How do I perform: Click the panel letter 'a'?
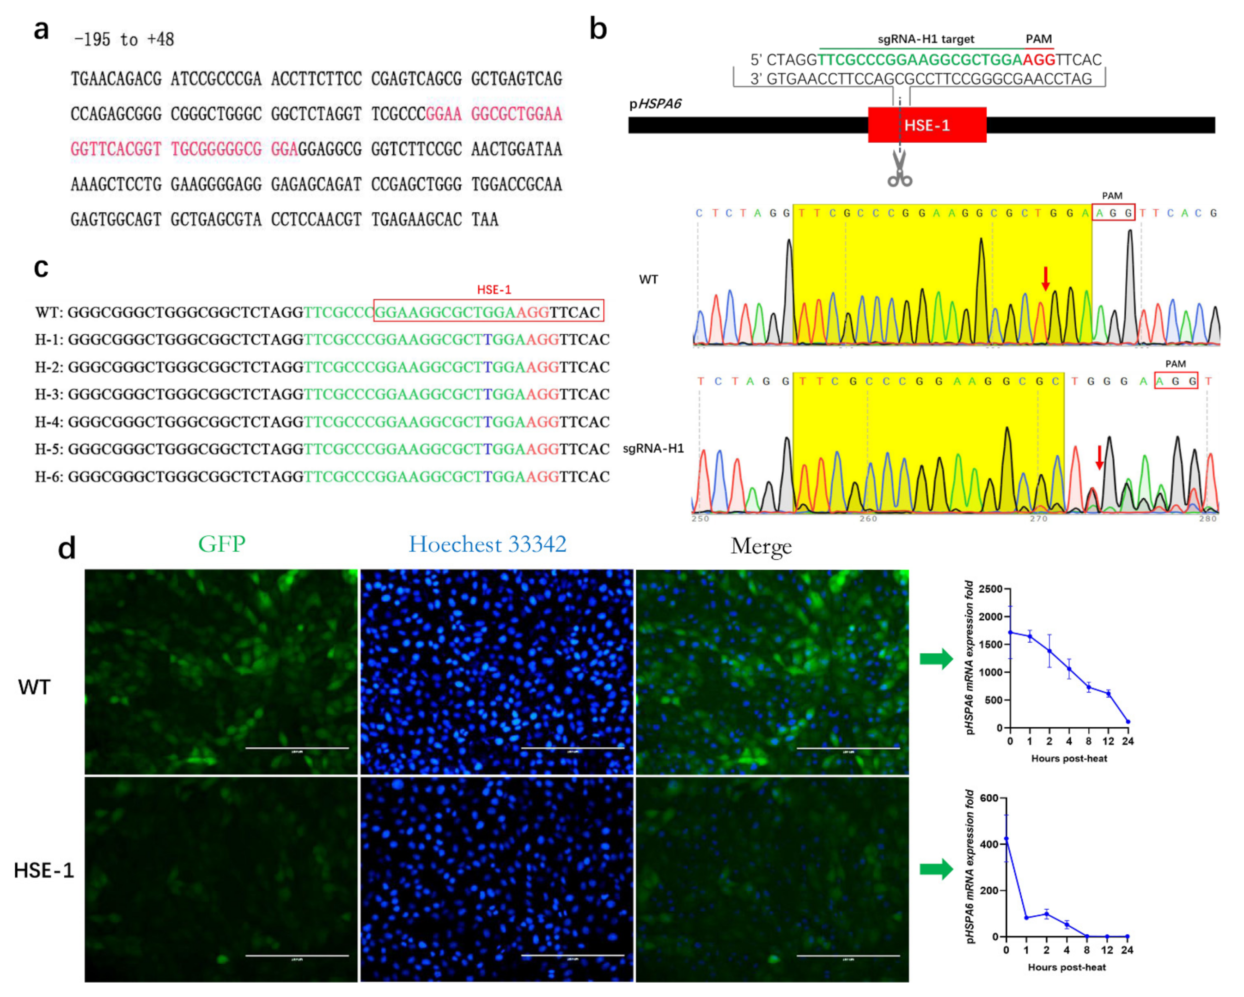tap(41, 30)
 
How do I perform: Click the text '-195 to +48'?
tap(124, 40)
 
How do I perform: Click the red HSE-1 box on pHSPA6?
tap(927, 125)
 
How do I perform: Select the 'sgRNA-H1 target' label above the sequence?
tap(926, 39)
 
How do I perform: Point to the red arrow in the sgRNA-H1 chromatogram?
tap(1099, 457)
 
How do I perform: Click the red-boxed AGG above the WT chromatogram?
tap(1113, 213)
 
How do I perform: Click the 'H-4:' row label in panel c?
tap(50, 422)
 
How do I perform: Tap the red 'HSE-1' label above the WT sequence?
tap(494, 290)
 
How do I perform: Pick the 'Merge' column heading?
tap(761, 545)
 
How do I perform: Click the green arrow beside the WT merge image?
tap(936, 659)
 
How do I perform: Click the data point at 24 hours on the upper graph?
tap(1128, 722)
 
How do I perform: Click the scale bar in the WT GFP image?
tap(297, 748)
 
